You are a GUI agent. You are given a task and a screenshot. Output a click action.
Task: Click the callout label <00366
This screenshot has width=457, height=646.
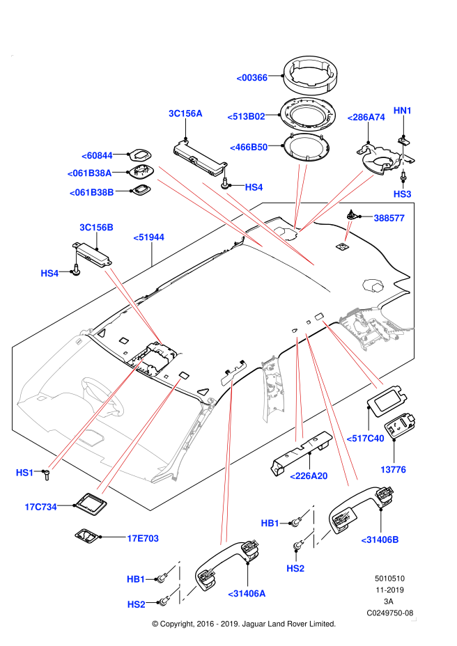[x=252, y=78]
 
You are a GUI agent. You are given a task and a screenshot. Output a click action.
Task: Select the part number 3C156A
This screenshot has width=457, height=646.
[x=185, y=113]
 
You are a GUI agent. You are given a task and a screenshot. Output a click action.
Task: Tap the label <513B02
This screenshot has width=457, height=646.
[x=246, y=116]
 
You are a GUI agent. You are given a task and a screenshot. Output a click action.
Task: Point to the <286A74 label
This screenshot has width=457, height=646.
[x=366, y=118]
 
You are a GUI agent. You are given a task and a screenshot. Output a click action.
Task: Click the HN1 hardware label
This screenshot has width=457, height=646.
[x=403, y=111]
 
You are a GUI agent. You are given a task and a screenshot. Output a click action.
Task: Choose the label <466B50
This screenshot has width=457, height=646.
[x=249, y=148]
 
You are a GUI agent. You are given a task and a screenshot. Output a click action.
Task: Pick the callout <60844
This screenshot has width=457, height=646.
[x=97, y=156]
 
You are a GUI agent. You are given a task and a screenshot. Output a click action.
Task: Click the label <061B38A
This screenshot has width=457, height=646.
[x=89, y=173]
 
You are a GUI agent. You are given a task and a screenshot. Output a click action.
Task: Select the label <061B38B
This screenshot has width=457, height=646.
[x=91, y=193]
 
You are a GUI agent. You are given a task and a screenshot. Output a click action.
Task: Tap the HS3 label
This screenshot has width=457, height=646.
[x=402, y=194]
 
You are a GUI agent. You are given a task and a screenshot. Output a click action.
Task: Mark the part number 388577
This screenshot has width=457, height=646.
[x=389, y=218]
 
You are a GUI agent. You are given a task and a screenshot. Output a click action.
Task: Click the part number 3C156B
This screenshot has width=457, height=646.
[x=96, y=228]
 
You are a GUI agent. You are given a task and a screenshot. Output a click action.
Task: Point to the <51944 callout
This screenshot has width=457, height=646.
[x=148, y=237]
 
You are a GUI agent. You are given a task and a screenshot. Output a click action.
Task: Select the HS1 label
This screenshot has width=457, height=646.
[x=24, y=473]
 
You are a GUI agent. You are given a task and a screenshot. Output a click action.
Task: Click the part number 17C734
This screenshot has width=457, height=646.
[x=40, y=507]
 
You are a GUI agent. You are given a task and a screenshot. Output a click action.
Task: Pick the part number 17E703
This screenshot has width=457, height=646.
[x=143, y=538]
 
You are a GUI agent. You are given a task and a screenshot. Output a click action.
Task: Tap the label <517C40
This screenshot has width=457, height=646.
[x=365, y=439]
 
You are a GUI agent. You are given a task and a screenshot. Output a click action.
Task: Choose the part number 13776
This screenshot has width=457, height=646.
[x=393, y=470]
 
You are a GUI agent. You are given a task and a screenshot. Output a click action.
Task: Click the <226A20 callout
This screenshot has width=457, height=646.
[x=309, y=476]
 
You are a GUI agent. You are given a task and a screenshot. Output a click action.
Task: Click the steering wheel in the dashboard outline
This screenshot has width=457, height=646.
[x=102, y=395]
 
